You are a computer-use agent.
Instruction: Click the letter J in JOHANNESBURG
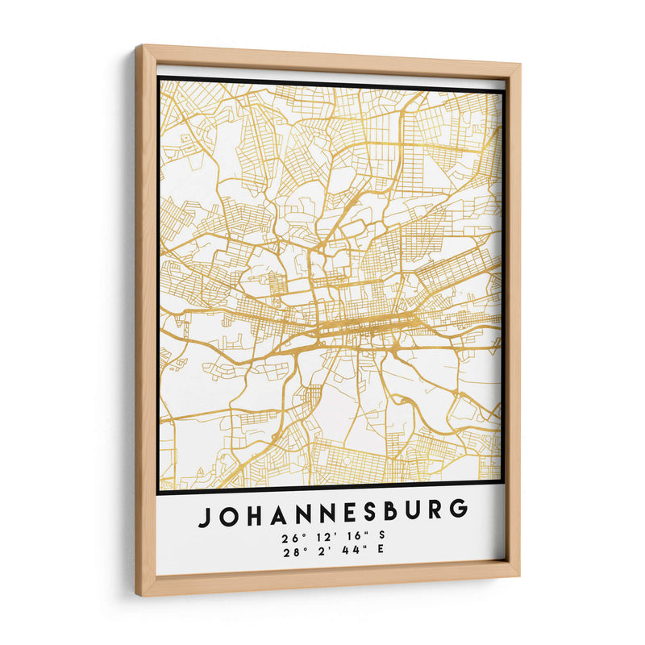(x=205, y=514)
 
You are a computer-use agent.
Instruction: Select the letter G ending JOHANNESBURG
(x=459, y=509)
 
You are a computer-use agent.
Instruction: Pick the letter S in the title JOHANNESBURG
(x=366, y=511)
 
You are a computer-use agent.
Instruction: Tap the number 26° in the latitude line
(x=289, y=538)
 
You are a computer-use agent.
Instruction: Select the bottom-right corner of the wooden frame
(x=519, y=576)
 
